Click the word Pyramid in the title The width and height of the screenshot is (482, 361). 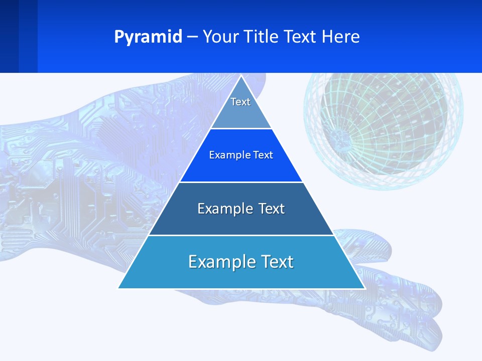click(148, 37)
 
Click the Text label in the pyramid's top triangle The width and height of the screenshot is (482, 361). click(240, 102)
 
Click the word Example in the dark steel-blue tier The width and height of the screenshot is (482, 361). click(219, 209)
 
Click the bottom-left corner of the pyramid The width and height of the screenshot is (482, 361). click(118, 288)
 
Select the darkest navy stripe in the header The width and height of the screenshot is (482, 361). click(9, 36)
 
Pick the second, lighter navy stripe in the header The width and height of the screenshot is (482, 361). click(28, 36)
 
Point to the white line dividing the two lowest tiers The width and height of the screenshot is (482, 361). click(241, 235)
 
